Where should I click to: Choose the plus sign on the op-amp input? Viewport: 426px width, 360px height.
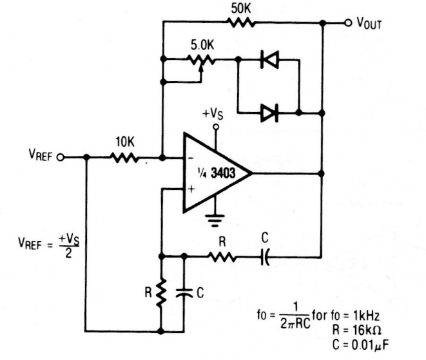(x=191, y=189)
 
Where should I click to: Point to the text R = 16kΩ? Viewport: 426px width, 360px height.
(x=363, y=328)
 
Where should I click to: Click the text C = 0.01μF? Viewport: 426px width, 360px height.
(x=364, y=343)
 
